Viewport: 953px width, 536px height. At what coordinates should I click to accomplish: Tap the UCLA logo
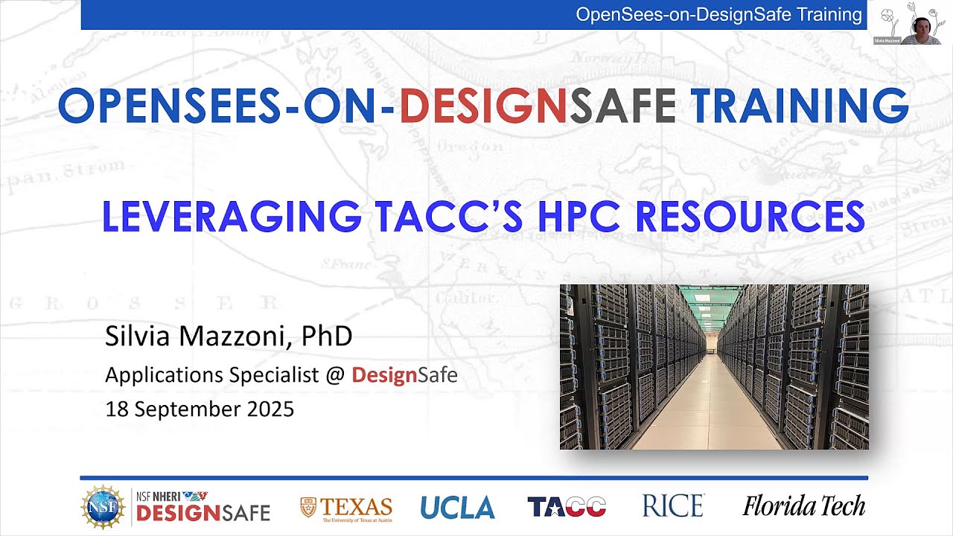pyautogui.click(x=457, y=507)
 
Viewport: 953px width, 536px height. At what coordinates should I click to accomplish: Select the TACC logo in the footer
pyautogui.click(x=567, y=507)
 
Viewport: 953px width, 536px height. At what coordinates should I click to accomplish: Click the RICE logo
pyautogui.click(x=673, y=506)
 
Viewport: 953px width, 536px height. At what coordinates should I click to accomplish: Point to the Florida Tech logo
pyautogui.click(x=803, y=506)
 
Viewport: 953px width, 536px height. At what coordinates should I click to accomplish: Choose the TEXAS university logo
pyautogui.click(x=346, y=508)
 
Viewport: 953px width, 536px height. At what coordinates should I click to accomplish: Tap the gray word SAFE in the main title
pyautogui.click(x=622, y=106)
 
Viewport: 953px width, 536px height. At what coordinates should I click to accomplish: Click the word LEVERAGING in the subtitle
pyautogui.click(x=232, y=216)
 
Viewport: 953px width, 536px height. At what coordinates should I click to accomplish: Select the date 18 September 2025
pyautogui.click(x=200, y=409)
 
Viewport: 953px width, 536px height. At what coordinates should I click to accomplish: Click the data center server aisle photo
pyautogui.click(x=714, y=366)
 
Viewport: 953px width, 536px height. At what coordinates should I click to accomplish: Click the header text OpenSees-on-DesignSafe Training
pyautogui.click(x=718, y=14)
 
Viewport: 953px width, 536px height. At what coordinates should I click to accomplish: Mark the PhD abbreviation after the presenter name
pyautogui.click(x=327, y=336)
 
